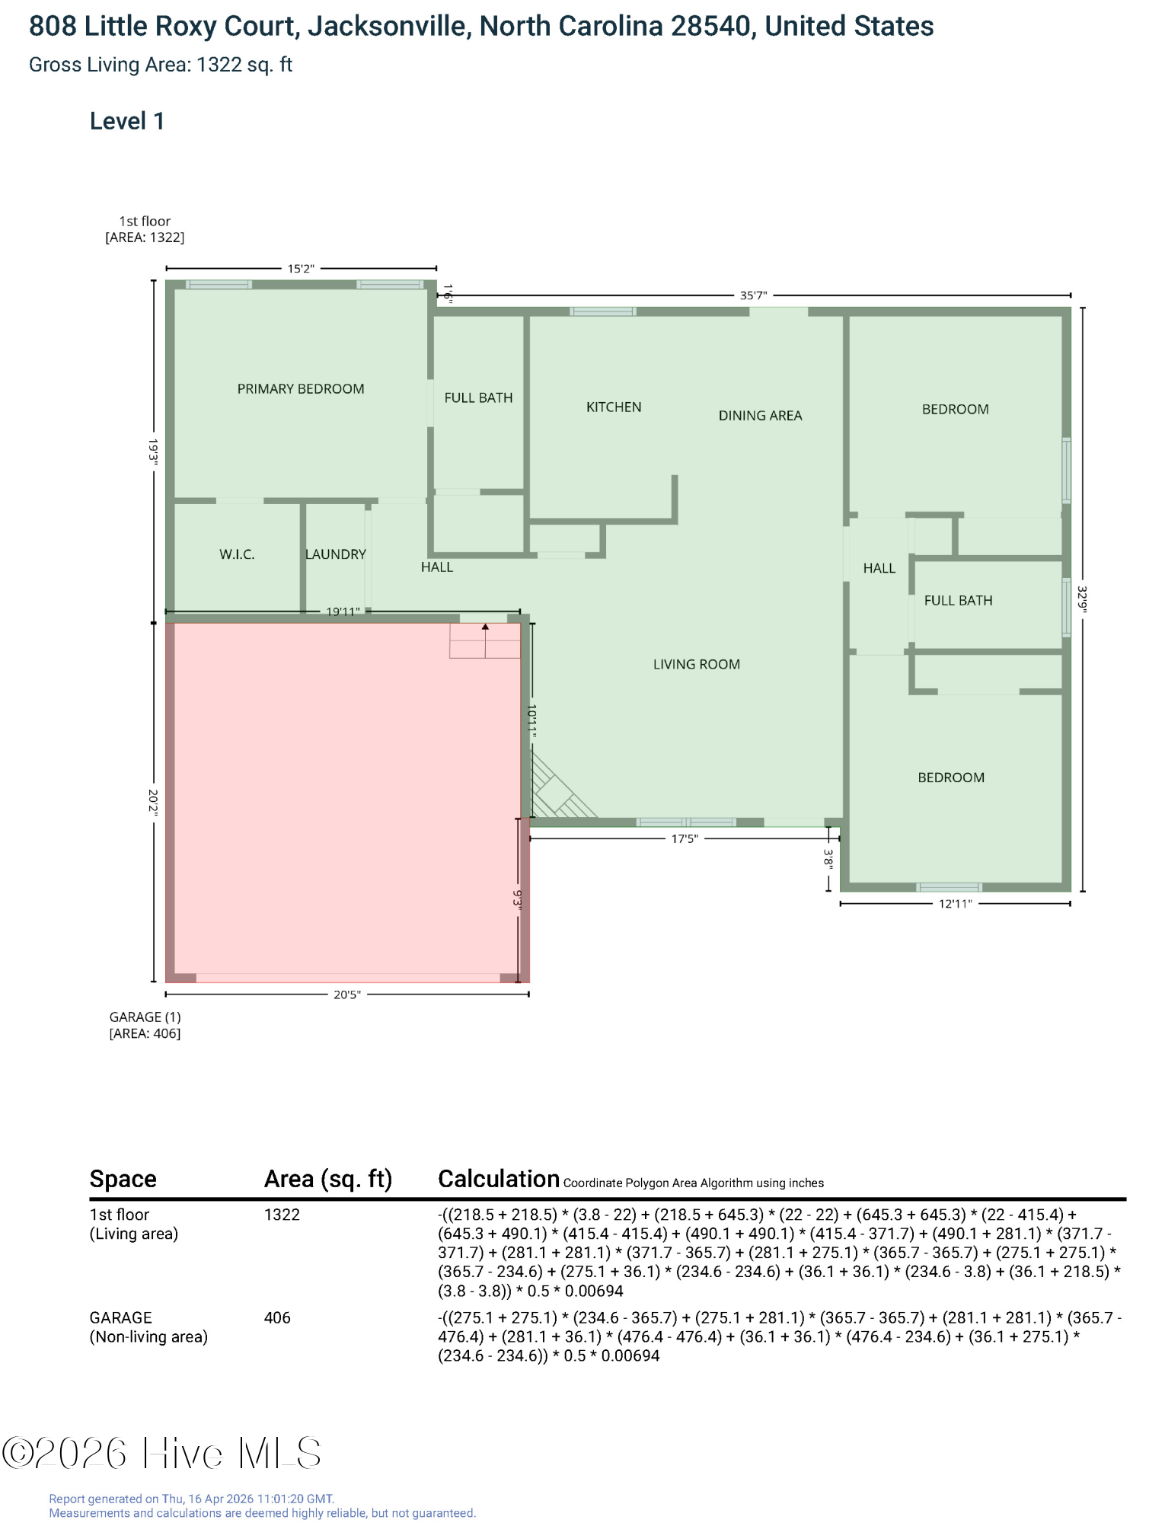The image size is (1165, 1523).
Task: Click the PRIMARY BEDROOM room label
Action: (301, 389)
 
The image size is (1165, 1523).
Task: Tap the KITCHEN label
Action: (614, 407)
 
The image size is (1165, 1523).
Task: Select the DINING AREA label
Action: (760, 416)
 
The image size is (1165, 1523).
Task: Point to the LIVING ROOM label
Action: (696, 664)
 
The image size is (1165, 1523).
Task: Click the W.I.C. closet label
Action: (237, 554)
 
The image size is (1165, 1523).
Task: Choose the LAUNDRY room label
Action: (336, 554)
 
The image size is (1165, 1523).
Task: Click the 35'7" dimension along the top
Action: (753, 295)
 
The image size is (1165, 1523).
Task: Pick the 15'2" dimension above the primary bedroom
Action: (301, 269)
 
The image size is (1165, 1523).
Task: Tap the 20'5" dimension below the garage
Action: (347, 995)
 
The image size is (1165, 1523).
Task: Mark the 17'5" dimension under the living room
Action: (684, 839)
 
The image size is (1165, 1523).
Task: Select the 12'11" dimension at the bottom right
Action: (955, 904)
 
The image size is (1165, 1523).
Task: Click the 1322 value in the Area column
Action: (282, 1215)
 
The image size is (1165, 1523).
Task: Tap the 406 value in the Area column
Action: (277, 1317)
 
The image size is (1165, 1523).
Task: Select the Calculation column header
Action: (499, 1179)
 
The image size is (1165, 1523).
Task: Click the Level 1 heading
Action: (127, 121)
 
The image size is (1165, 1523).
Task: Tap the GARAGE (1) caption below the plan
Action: (145, 1017)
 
